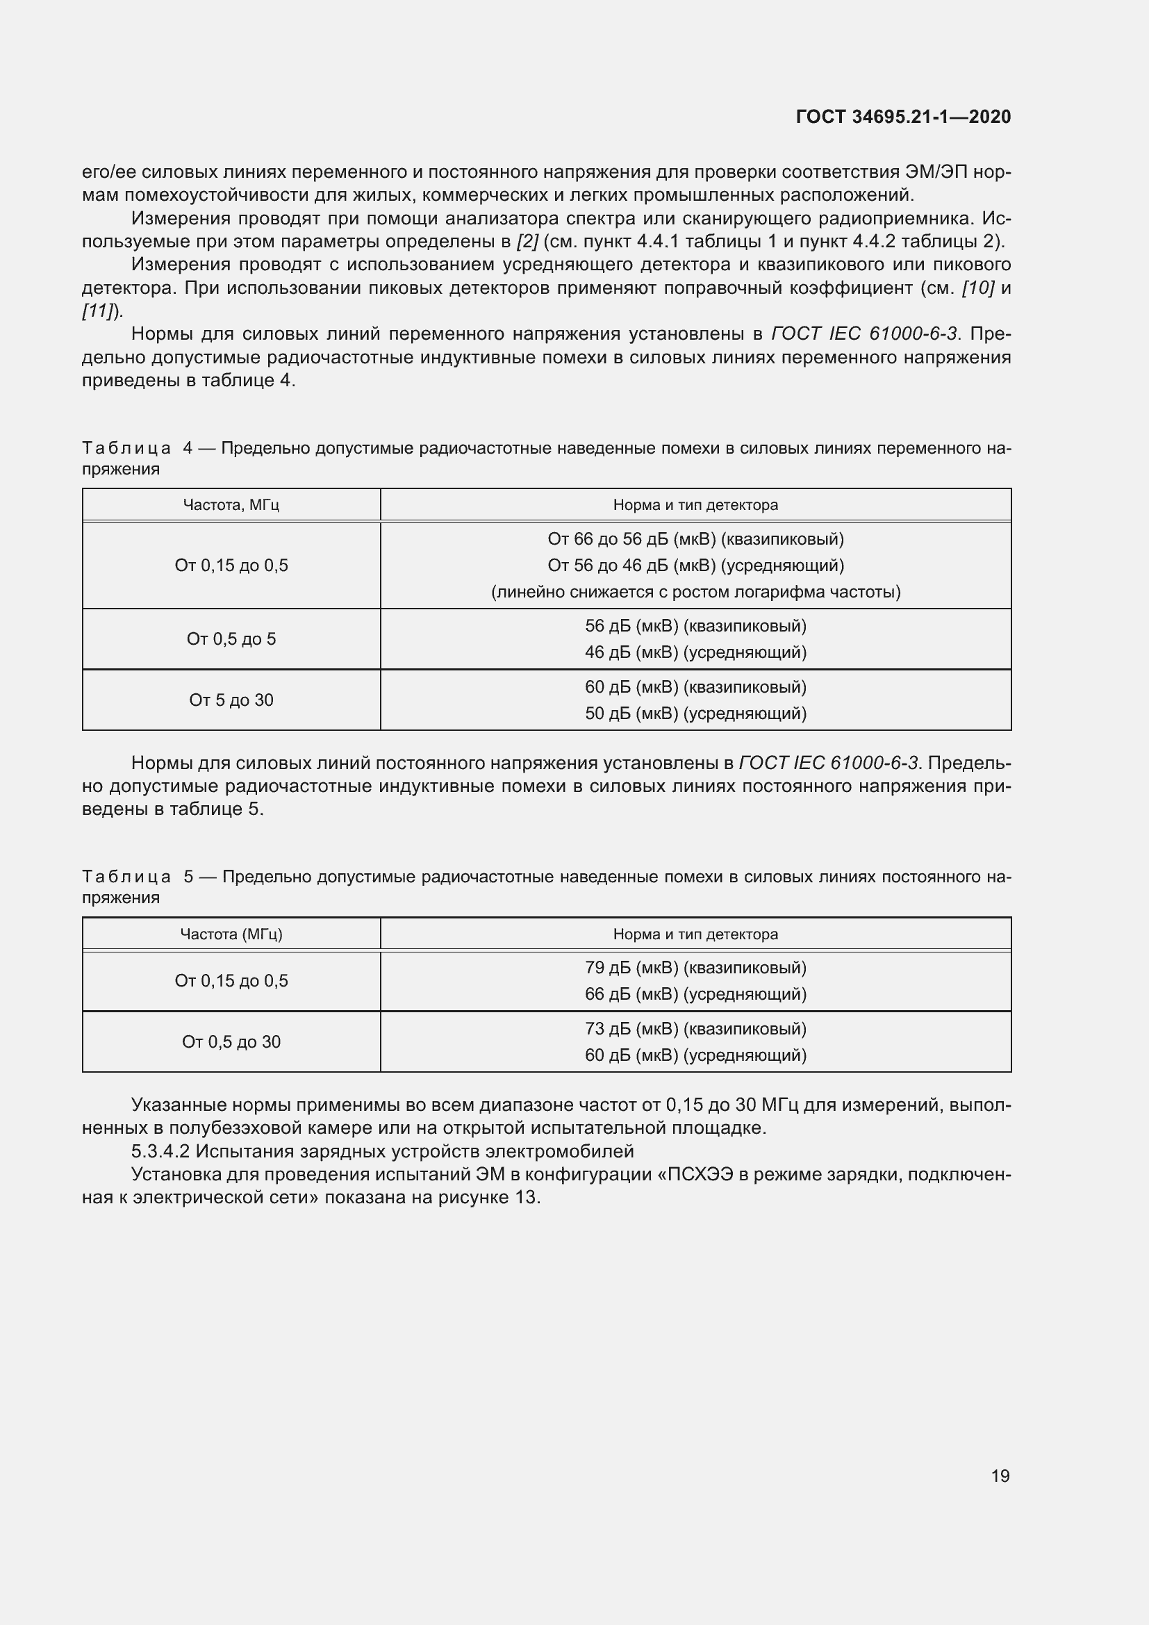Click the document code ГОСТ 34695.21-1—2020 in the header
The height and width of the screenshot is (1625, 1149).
(903, 117)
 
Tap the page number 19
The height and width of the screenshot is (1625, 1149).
(1000, 1476)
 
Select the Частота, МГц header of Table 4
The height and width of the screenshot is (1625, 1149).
(231, 504)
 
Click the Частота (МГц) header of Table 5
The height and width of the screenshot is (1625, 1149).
(231, 934)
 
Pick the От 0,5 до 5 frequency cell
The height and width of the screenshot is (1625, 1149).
(231, 639)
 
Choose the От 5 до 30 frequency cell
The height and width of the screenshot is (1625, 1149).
(231, 700)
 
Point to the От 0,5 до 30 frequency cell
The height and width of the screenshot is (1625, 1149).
(231, 1042)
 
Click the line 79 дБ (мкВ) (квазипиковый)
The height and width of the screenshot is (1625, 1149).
(695, 968)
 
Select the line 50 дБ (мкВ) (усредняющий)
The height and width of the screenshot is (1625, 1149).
(695, 713)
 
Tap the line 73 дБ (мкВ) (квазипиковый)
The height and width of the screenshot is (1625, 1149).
(695, 1028)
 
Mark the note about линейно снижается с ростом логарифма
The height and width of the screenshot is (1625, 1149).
(695, 592)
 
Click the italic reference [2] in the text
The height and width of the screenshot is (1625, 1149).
(527, 241)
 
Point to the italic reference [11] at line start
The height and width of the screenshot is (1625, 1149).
(101, 311)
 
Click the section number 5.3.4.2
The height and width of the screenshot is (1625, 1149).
(160, 1150)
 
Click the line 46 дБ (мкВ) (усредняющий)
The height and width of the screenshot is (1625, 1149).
(695, 652)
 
